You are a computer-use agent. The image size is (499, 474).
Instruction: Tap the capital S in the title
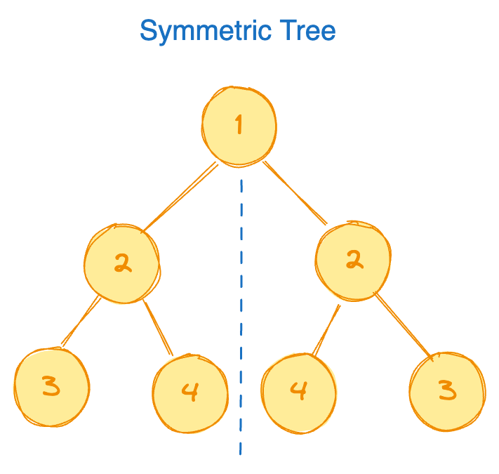coord(148,32)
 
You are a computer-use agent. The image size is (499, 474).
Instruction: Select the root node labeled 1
coord(239,126)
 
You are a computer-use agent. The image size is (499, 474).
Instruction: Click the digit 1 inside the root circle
coord(239,126)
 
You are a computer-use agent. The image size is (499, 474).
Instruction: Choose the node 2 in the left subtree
coord(121,264)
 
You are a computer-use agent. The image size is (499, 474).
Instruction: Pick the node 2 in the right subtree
coord(353,260)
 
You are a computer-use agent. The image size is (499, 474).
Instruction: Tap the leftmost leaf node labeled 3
coord(51,387)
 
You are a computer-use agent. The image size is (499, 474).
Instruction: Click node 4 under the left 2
coord(189,391)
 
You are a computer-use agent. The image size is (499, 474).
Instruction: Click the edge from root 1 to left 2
coord(180,197)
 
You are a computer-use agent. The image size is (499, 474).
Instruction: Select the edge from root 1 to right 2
coord(295,192)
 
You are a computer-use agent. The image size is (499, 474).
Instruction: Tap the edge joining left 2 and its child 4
coord(158,327)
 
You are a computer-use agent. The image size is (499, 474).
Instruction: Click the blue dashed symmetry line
coord(241,316)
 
